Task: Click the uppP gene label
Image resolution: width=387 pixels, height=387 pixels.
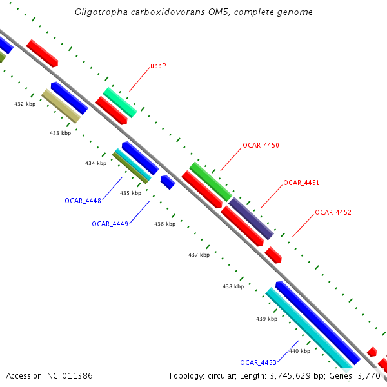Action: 158,66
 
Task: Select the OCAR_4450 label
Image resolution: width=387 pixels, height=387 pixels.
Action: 261,146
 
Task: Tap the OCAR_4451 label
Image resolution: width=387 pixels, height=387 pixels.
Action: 301,183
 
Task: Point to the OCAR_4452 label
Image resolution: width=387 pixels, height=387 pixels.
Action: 333,212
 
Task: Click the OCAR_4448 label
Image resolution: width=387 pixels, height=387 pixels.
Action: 83,201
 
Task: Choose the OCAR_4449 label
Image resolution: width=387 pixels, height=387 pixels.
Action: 110,224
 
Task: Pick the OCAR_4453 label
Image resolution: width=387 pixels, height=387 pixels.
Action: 258,362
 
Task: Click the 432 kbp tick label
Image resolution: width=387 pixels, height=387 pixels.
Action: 25,104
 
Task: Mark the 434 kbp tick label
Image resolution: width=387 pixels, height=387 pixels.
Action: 95,163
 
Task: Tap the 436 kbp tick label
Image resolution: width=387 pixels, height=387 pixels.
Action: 164,224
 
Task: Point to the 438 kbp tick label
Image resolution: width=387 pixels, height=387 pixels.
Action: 233,286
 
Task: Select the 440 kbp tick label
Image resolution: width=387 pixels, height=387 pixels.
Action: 299,351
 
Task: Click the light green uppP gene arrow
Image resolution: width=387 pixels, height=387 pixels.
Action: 120,103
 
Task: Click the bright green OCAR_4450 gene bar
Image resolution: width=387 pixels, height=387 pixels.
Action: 210,181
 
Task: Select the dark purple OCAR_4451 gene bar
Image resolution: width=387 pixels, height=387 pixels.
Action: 251,219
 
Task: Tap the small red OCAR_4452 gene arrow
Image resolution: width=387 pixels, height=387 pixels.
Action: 273,255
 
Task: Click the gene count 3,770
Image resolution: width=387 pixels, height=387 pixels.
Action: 370,375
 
